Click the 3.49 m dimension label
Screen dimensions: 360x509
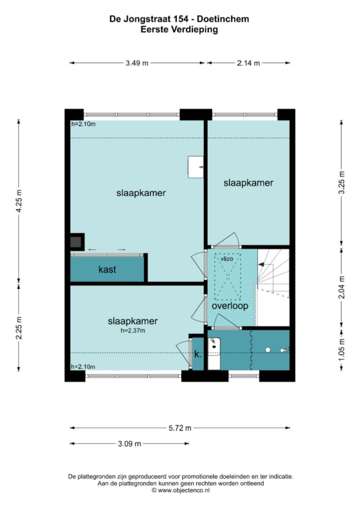137,63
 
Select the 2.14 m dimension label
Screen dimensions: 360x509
248,63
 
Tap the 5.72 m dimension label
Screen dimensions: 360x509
180,428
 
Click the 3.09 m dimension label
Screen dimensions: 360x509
130,443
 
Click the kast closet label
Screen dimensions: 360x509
107,269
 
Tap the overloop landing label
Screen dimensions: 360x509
230,306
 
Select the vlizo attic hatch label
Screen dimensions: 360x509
227,259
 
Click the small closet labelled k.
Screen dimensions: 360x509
198,354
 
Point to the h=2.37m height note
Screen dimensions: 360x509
133,331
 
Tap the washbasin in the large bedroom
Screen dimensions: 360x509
196,167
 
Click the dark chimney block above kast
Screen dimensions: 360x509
77,242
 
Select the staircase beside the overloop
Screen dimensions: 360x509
273,287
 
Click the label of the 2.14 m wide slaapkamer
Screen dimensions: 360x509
248,183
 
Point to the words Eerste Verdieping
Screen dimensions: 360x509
179,30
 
